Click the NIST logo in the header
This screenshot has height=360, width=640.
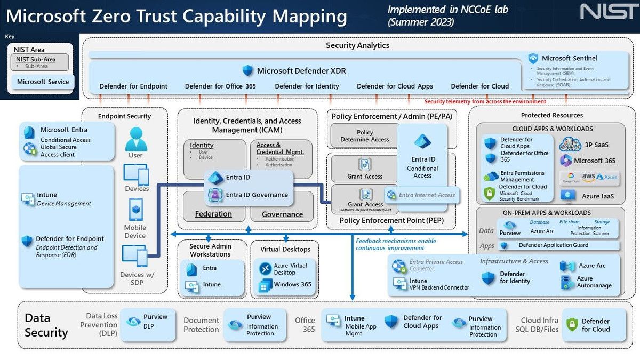pos(607,12)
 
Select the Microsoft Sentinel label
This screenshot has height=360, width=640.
pos(569,58)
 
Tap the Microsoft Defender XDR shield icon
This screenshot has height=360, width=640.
pos(247,70)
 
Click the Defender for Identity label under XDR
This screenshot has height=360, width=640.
pos(307,86)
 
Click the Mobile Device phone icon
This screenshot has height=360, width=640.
pos(135,209)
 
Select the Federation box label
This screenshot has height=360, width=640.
pos(213,214)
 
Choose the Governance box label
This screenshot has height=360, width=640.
pos(282,214)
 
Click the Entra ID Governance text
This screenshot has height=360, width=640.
pos(257,195)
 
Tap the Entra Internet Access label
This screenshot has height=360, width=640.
pos(427,195)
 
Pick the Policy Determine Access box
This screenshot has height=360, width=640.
pos(365,136)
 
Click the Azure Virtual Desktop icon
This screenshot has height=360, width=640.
pos(265,269)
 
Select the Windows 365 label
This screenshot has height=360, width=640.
pos(292,284)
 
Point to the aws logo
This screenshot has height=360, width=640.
pos(588,177)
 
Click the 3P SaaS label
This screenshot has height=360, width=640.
pos(597,145)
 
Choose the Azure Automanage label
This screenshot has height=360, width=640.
pos(594,282)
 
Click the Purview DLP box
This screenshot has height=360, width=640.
pos(148,322)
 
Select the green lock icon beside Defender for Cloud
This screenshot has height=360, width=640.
pos(572,325)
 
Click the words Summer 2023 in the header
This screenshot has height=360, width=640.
pos(421,22)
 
